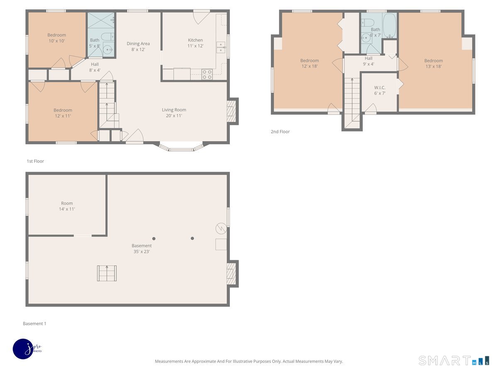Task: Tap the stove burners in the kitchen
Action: (x=207, y=74)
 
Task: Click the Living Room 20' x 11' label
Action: (x=174, y=113)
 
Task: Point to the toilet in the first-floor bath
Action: (x=108, y=37)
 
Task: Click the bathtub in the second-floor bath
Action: (x=389, y=25)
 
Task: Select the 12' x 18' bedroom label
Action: (x=310, y=63)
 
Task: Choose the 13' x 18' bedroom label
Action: (x=433, y=64)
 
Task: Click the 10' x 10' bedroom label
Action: (x=56, y=38)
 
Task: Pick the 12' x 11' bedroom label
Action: (x=63, y=113)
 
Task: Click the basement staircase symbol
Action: (x=107, y=273)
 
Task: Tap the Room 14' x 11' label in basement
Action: (x=67, y=206)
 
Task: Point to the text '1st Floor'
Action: (x=35, y=161)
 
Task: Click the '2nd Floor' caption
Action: (x=280, y=132)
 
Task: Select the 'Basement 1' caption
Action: (x=34, y=324)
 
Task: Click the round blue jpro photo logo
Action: (x=23, y=349)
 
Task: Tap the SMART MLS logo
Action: (x=454, y=361)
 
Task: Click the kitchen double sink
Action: (x=220, y=47)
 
